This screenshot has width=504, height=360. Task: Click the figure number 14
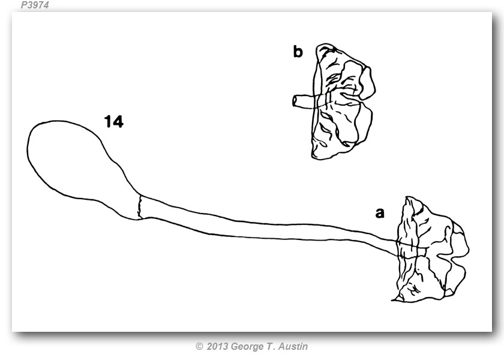114,122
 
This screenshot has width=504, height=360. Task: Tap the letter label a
380,213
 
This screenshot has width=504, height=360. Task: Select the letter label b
298,52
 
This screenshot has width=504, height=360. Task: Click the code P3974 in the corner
35,5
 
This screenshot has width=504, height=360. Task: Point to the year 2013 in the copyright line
217,346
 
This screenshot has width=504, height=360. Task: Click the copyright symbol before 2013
199,347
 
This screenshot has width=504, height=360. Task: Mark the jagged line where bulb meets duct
139,208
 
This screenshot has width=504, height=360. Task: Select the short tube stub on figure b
304,101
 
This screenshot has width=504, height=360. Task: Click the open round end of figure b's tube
295,101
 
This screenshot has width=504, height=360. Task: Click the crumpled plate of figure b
343,101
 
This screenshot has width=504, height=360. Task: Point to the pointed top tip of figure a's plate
407,197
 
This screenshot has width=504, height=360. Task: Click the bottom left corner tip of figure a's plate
392,301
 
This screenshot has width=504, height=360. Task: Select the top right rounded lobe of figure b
367,83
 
